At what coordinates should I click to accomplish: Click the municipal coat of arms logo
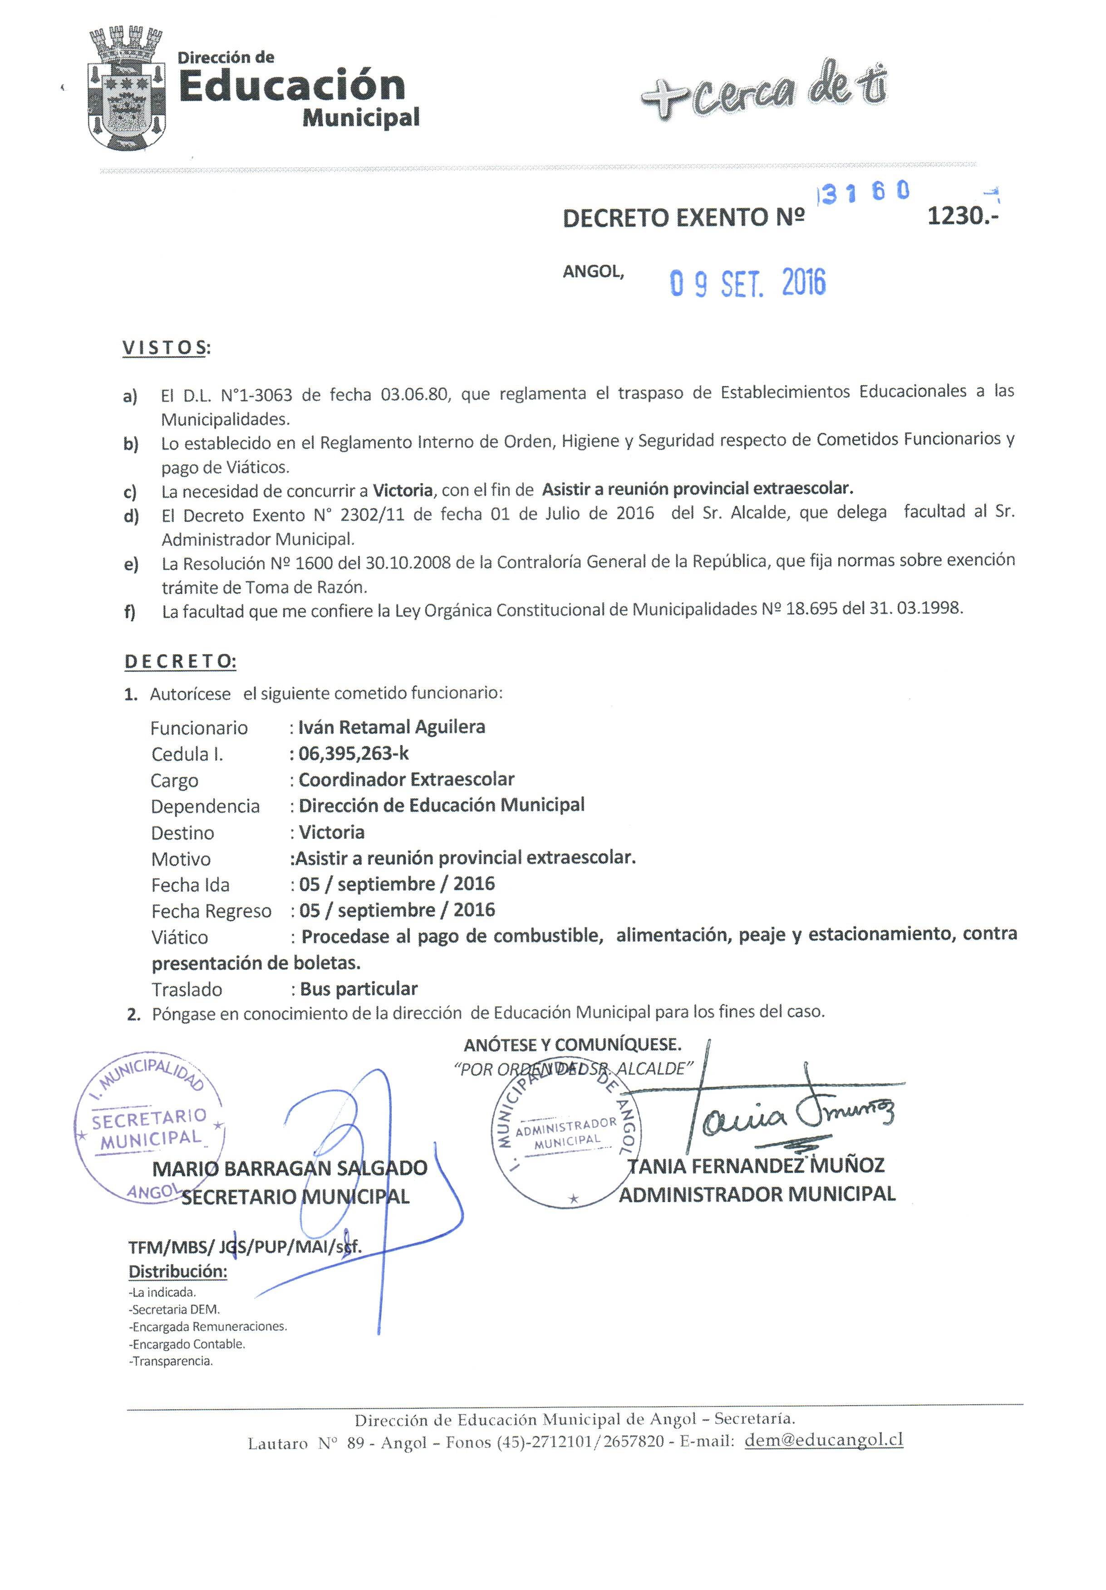[127, 89]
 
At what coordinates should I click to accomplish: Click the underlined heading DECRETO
[180, 661]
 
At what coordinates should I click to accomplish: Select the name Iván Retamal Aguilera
[391, 727]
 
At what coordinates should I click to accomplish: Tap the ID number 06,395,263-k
[353, 753]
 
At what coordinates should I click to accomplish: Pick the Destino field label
[183, 833]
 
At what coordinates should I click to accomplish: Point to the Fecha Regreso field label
[211, 911]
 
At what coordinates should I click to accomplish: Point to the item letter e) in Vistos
[131, 565]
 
